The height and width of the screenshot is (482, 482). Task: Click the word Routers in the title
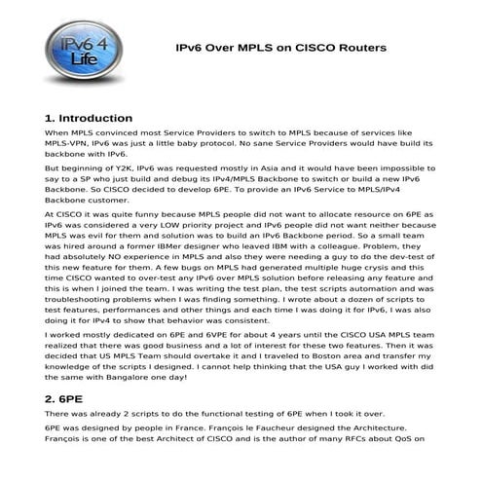point(358,47)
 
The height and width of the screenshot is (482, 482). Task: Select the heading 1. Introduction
point(89,118)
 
